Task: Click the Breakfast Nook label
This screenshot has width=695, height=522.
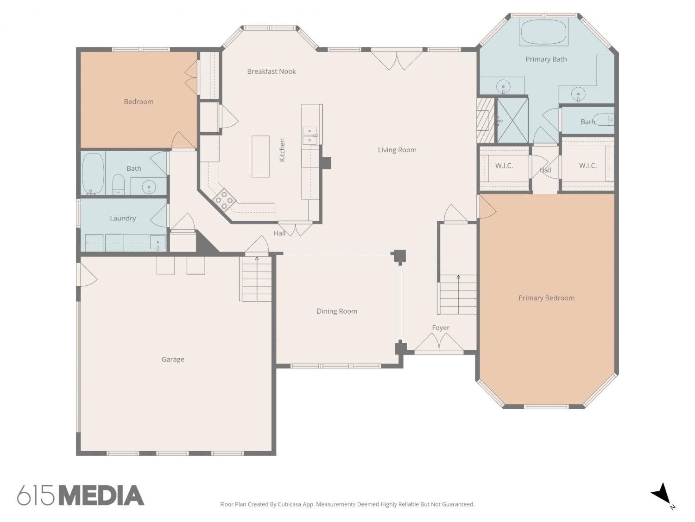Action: pyautogui.click(x=272, y=71)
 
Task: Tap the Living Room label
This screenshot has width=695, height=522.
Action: pyautogui.click(x=397, y=150)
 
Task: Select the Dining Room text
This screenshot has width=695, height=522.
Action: pyautogui.click(x=337, y=311)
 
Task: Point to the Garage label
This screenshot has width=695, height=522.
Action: pyautogui.click(x=172, y=360)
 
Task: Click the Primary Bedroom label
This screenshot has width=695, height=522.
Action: pyautogui.click(x=546, y=298)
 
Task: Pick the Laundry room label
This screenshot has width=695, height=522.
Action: pyautogui.click(x=123, y=219)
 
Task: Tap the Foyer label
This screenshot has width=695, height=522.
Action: pyautogui.click(x=441, y=328)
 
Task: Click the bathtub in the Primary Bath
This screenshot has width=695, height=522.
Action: pyautogui.click(x=543, y=32)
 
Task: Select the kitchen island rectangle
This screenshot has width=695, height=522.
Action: pyautogui.click(x=260, y=156)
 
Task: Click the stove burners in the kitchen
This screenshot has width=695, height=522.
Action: pyautogui.click(x=224, y=200)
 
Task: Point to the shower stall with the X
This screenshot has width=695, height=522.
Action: pyautogui.click(x=512, y=121)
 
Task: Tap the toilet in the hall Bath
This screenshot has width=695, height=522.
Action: pyautogui.click(x=119, y=184)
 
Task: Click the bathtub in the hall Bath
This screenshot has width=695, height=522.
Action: pyautogui.click(x=93, y=174)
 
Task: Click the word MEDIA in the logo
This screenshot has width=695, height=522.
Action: pyautogui.click(x=102, y=496)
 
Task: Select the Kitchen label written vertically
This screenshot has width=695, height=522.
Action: pyautogui.click(x=282, y=150)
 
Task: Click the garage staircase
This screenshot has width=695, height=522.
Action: pyautogui.click(x=255, y=278)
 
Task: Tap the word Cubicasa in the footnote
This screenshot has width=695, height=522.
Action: pyautogui.click(x=290, y=504)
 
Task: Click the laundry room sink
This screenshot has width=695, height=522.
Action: pyautogui.click(x=158, y=243)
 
